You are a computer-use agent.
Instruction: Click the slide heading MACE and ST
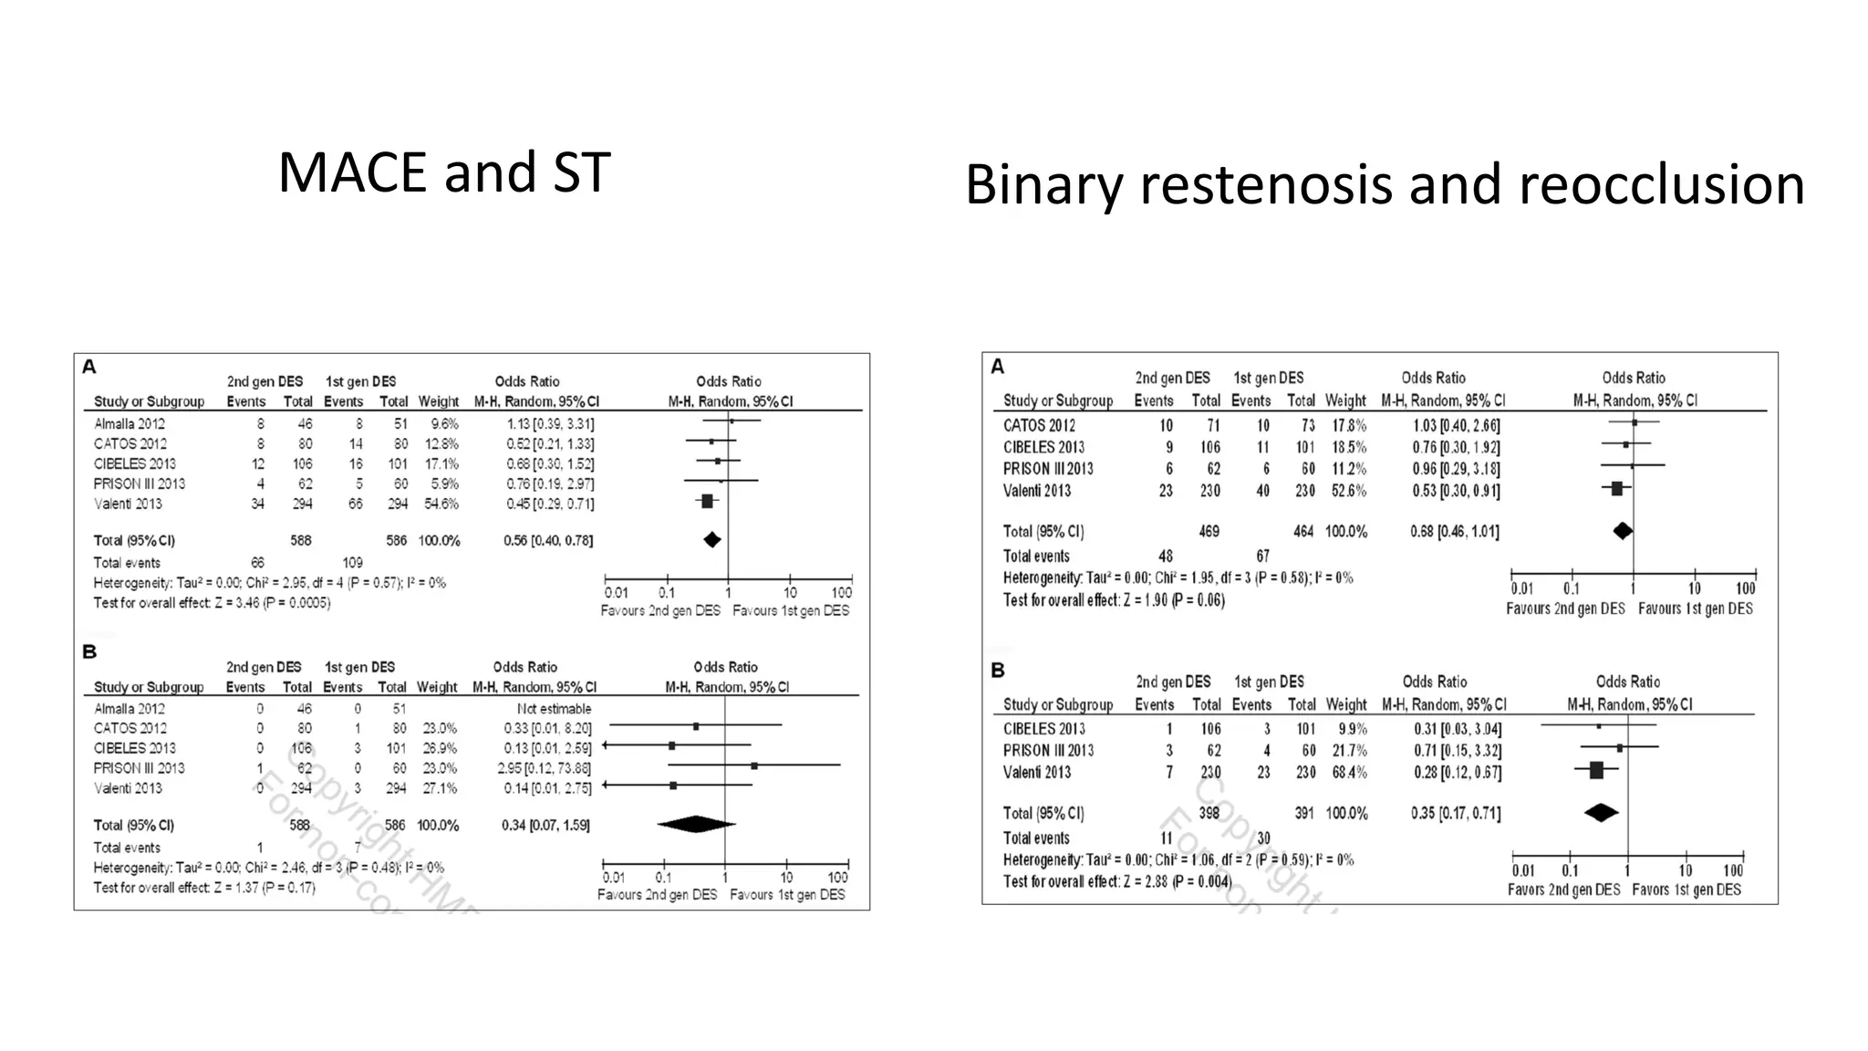[444, 172]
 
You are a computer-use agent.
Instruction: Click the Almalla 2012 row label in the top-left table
[130, 423]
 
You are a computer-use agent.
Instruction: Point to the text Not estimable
[554, 709]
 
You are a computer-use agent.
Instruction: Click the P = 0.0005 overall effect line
[212, 603]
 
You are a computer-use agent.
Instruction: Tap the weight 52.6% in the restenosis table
[1345, 491]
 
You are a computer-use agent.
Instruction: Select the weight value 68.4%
[1346, 773]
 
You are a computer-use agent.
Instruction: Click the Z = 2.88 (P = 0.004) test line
[1117, 881]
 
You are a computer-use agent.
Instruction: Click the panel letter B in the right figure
[998, 671]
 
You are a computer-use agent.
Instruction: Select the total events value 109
[352, 563]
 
